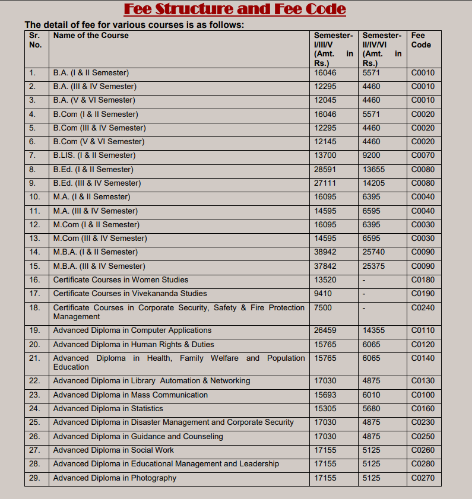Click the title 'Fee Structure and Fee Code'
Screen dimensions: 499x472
[235, 9]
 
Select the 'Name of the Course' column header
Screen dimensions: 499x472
[91, 36]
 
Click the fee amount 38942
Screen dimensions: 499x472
[325, 252]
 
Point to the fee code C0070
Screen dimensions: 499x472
[423, 155]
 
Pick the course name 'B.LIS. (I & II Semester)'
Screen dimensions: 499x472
[94, 155]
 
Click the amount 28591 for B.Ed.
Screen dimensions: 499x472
[325, 169]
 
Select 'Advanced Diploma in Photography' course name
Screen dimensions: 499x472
[115, 478]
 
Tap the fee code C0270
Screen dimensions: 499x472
[423, 478]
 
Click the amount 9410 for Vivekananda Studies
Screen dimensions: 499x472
[323, 294]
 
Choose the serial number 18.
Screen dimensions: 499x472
[34, 307]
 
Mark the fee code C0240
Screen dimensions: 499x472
[423, 307]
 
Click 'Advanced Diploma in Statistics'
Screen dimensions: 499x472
[108, 409]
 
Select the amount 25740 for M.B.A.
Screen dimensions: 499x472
[374, 252]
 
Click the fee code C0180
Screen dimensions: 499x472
[423, 280]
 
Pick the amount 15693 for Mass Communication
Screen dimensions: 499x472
[325, 395]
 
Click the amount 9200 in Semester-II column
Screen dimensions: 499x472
[372, 155]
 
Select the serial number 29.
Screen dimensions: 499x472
[34, 478]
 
